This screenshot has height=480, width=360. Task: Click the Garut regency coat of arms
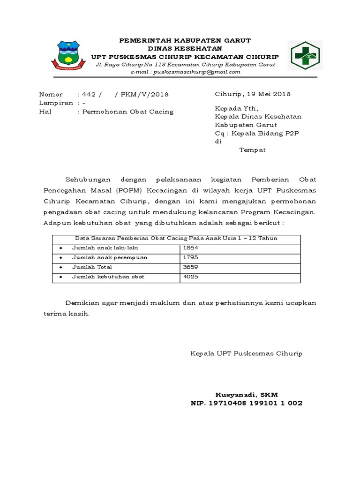tap(72, 55)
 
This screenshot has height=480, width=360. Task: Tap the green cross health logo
tap(305, 55)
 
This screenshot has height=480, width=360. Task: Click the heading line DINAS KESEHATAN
tap(185, 48)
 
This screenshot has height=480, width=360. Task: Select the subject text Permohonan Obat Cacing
tap(128, 112)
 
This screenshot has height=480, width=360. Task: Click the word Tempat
tap(253, 150)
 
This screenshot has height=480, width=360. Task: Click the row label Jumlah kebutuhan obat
tap(108, 277)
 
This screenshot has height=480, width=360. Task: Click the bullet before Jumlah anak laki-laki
tap(61, 247)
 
